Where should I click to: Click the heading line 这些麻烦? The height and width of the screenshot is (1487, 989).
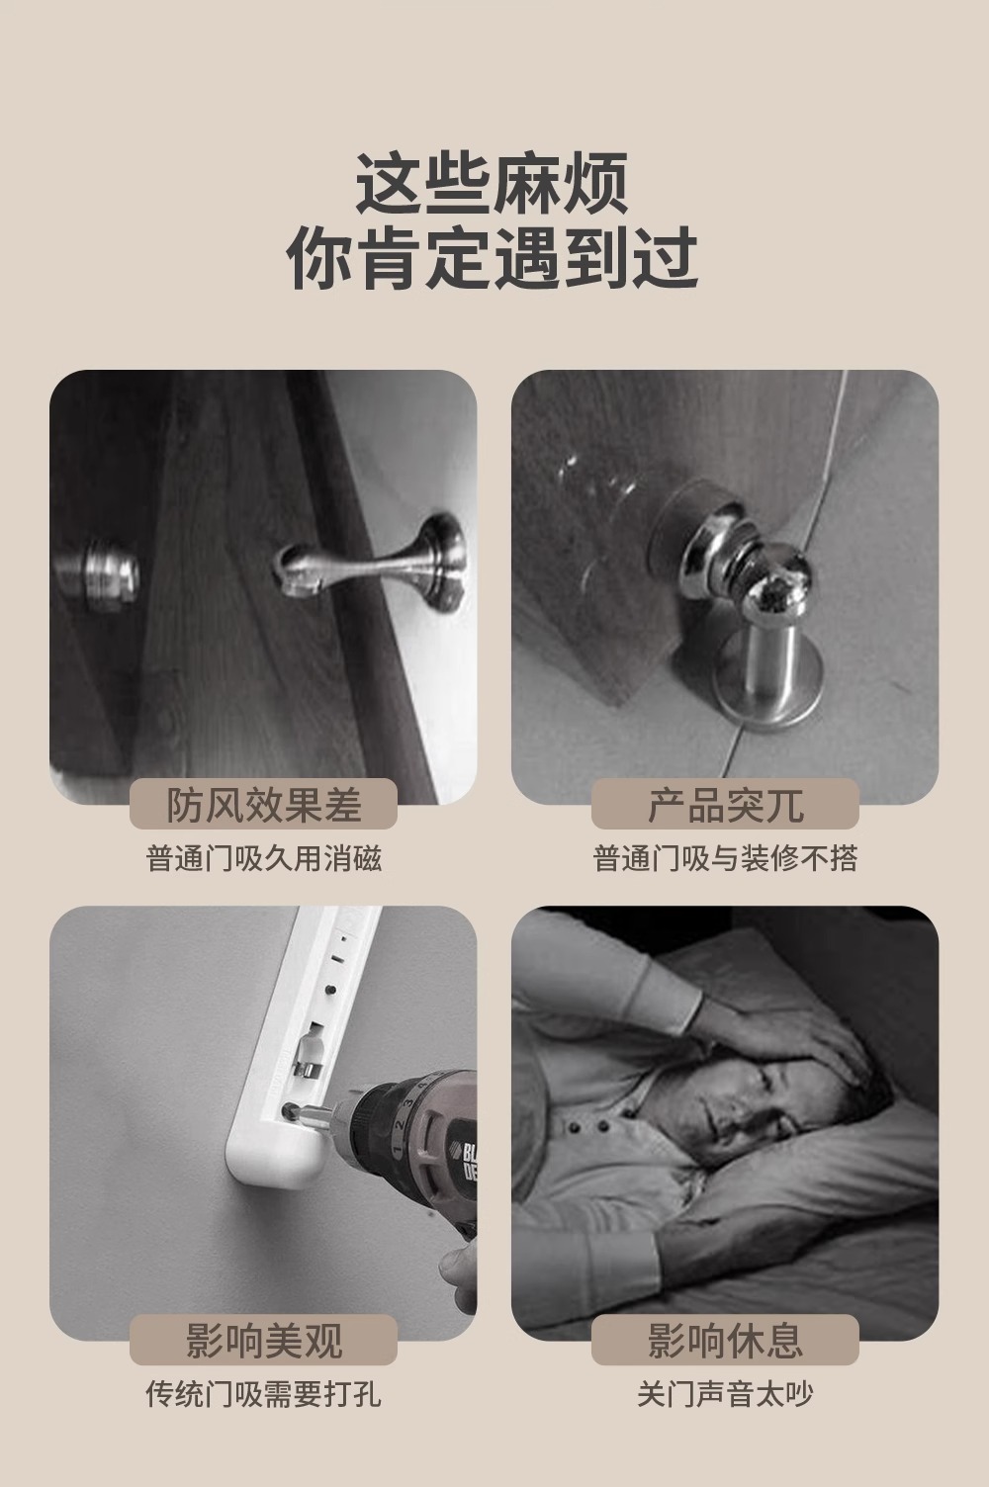pyautogui.click(x=493, y=183)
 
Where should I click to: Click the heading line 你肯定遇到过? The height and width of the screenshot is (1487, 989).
pyautogui.click(x=493, y=258)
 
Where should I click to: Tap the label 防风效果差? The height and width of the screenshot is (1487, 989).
pyautogui.click(x=264, y=805)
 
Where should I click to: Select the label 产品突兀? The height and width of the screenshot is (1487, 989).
pyautogui.click(x=725, y=805)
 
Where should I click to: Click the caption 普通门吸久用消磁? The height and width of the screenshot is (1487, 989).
pyautogui.click(x=264, y=858)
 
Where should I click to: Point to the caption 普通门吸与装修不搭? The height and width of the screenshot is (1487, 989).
pyautogui.click(x=725, y=858)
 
